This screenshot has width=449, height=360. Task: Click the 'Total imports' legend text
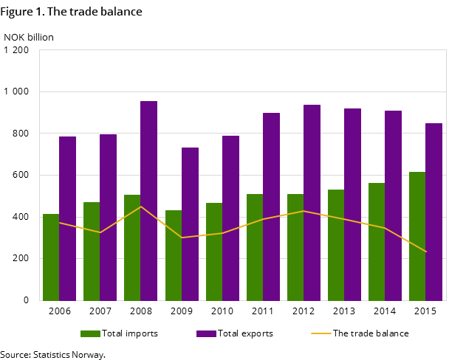pos(129,333)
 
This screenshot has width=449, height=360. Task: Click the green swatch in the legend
pos(90,333)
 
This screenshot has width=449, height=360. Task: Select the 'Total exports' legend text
pos(245,333)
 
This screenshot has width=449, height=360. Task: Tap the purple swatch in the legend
pos(206,333)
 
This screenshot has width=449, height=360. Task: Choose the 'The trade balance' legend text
pos(371,333)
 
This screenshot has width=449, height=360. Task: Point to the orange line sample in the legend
pos(321,333)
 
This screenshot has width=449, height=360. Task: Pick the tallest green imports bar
pos(417,236)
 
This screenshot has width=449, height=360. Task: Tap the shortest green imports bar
pos(51,257)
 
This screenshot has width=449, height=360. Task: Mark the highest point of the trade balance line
pos(140,206)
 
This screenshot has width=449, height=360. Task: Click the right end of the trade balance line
pos(426,252)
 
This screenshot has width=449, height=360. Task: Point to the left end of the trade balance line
pos(59,223)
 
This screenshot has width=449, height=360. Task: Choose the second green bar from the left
pos(92,252)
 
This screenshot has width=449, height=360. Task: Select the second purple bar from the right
pos(393,206)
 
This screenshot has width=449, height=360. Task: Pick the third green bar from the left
pos(132,248)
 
